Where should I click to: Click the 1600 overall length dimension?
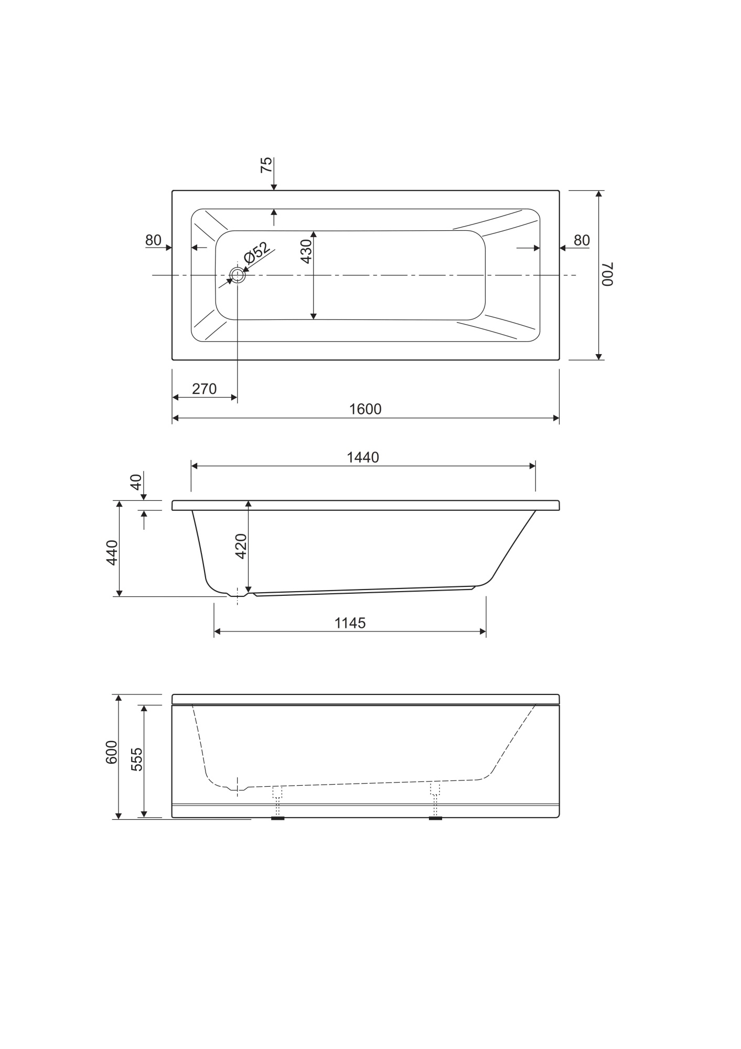[366, 409]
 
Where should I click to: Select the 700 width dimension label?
[607, 274]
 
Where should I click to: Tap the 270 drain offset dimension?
[204, 389]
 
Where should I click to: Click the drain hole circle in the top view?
[237, 275]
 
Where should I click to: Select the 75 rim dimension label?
[266, 165]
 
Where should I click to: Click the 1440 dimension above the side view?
[363, 458]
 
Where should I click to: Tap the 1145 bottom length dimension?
[350, 623]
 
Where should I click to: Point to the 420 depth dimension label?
[241, 546]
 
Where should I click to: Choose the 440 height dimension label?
[112, 553]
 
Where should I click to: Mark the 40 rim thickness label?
[136, 482]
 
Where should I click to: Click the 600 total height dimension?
[112, 752]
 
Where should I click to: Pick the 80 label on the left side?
[153, 240]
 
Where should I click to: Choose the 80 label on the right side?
[582, 240]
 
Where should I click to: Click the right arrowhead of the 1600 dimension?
[556, 418]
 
